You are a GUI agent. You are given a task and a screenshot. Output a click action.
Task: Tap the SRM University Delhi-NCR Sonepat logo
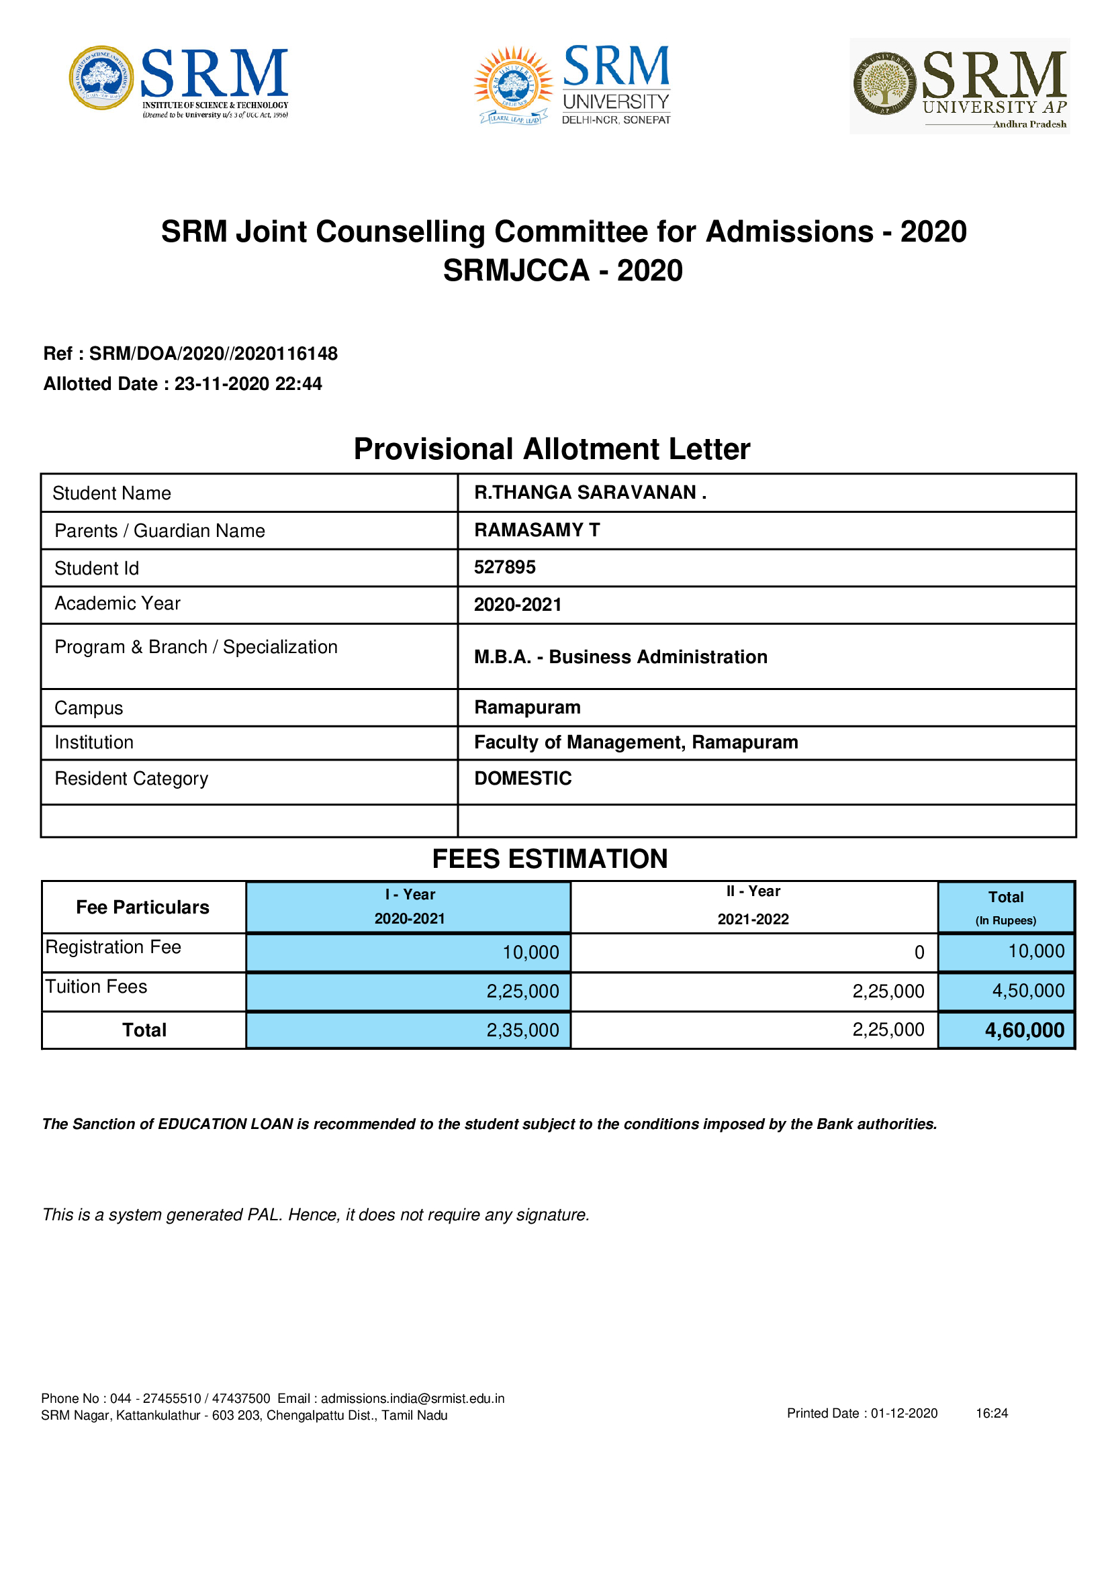573,85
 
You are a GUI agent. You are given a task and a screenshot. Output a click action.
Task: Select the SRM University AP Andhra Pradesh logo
960,87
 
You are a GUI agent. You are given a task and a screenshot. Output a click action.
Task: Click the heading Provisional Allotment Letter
551,449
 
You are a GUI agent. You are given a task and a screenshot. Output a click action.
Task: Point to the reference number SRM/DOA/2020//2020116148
214,354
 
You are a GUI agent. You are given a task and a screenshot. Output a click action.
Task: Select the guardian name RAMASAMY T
537,530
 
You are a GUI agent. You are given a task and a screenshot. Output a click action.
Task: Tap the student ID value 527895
505,567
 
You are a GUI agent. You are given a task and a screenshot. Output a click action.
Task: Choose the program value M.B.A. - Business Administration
620,656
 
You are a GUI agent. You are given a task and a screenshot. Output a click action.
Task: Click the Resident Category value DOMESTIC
522,778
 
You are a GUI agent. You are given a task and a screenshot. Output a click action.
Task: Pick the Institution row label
95,742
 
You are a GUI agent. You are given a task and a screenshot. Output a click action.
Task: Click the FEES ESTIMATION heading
550,859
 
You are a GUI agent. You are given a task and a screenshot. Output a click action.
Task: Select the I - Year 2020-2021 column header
409,907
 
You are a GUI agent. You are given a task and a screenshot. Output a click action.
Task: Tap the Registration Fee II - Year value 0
919,952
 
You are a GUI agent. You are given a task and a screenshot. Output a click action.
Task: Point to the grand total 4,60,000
1024,1030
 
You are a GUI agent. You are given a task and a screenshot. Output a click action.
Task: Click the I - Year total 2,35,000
522,1030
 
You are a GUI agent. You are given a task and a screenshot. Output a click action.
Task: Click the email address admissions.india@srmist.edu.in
412,1398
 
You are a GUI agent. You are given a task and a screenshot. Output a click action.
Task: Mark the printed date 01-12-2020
903,1414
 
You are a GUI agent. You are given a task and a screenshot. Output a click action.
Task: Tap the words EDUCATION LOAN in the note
225,1124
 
